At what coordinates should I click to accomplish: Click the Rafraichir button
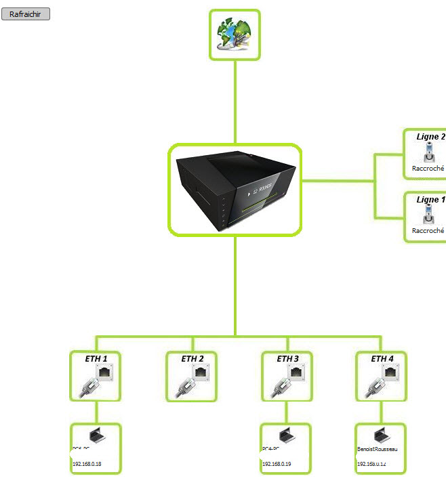(26, 14)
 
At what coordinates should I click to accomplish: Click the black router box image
(235, 190)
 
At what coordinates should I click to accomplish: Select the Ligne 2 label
(430, 137)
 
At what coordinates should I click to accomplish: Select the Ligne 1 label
(430, 200)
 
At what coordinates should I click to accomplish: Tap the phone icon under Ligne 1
(428, 215)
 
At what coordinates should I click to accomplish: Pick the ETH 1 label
(96, 358)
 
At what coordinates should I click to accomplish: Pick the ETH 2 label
(192, 358)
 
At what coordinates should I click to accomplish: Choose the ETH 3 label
(287, 358)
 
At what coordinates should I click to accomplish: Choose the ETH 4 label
(382, 358)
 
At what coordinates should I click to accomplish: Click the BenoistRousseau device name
(377, 449)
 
